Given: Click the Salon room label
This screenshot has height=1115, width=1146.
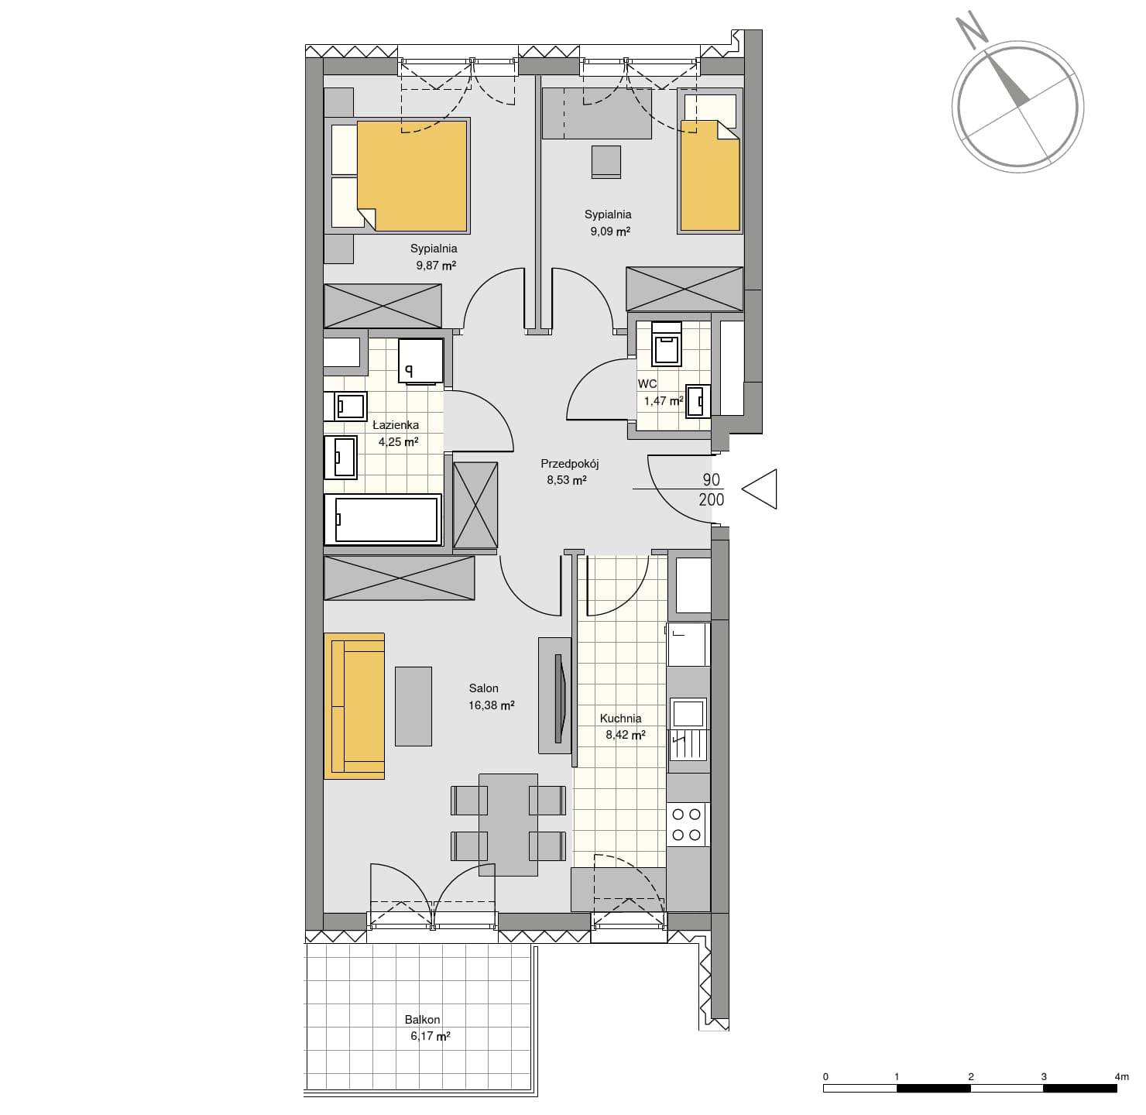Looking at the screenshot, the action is [x=483, y=688].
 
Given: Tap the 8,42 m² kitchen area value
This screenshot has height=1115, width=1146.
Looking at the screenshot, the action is [x=626, y=735].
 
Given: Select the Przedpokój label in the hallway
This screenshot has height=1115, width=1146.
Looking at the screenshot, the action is [x=569, y=464].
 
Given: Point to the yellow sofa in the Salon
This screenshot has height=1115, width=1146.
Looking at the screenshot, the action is [x=354, y=706].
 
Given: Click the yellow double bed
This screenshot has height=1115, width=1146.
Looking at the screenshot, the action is [x=412, y=176].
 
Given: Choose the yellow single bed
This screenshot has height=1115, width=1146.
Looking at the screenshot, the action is [x=709, y=176].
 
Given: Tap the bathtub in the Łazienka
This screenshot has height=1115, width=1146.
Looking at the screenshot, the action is [x=383, y=520].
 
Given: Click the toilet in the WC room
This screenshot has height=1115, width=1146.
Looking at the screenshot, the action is [x=667, y=345].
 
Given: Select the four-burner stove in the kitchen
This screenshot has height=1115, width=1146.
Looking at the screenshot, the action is [x=687, y=825].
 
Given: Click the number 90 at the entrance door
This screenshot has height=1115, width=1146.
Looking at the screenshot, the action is [x=712, y=480].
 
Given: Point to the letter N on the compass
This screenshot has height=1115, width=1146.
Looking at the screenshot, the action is [x=971, y=31].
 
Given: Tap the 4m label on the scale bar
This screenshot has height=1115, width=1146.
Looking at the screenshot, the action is [x=1121, y=1077].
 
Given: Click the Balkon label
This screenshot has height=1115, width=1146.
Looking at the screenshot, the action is [x=422, y=1020].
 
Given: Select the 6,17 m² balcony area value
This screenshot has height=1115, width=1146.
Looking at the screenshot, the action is [x=431, y=1036].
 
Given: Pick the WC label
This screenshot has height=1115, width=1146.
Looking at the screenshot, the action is [x=647, y=384].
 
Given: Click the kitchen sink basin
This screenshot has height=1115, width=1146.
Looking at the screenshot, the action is [x=688, y=712].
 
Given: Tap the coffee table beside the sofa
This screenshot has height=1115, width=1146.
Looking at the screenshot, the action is [x=413, y=706].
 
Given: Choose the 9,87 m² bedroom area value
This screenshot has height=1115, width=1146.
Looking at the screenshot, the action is [x=436, y=265].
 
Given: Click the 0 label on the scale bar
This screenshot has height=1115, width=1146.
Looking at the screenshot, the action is [x=825, y=1077].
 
